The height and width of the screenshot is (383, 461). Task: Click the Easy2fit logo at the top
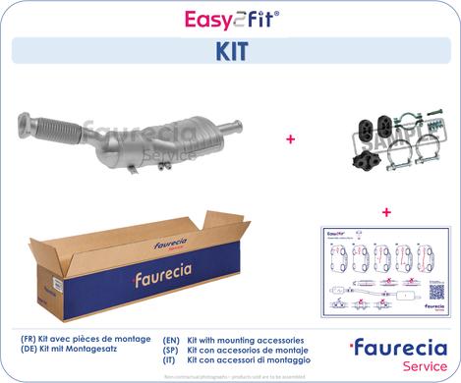click(x=230, y=17)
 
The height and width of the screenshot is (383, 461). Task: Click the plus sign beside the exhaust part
click(x=290, y=140)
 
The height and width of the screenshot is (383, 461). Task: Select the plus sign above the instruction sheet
click(x=385, y=211)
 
